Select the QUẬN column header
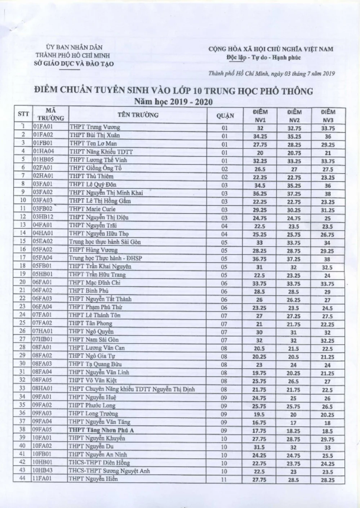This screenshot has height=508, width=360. pos(225,116)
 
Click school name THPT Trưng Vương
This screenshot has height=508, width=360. pos(95,127)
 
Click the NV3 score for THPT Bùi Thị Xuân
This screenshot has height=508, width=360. pos(328,136)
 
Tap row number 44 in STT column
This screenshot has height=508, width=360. pos(23,479)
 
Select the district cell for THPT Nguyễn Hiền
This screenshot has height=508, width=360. pos(225,480)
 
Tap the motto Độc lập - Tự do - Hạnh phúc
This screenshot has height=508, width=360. pos(264,58)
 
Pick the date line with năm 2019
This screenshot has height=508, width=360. pos(272,74)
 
